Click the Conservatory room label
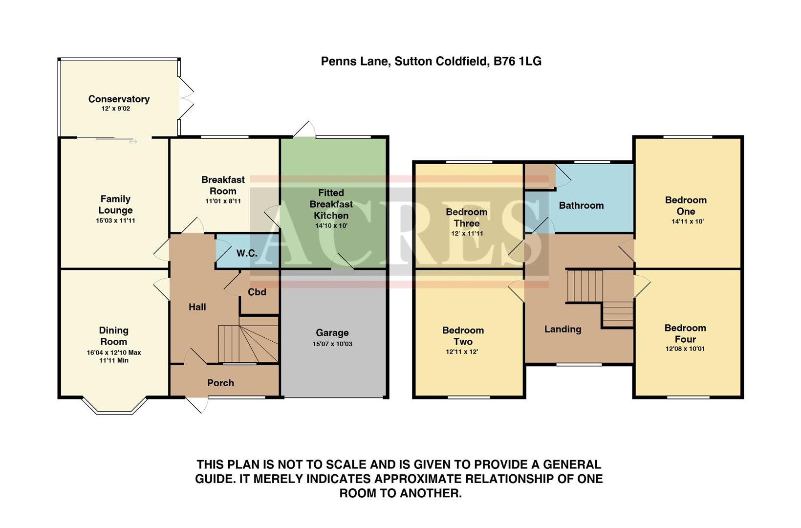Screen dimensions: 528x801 pyautogui.click(x=119, y=99)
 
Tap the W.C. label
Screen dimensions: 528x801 pyautogui.click(x=247, y=253)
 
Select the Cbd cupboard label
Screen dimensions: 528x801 pyautogui.click(x=257, y=292)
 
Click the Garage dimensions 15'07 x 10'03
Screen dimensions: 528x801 pyautogui.click(x=332, y=344)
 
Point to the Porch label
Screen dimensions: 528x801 pyautogui.click(x=220, y=383)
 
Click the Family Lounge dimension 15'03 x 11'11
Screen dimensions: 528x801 pyautogui.click(x=115, y=221)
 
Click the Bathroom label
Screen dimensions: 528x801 pyautogui.click(x=581, y=205)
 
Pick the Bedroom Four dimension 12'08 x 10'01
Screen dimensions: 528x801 pyautogui.click(x=685, y=349)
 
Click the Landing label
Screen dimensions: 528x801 pyautogui.click(x=563, y=330)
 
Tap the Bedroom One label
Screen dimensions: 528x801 pyautogui.click(x=686, y=206)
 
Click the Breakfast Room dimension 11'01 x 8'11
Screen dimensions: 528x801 pyautogui.click(x=223, y=201)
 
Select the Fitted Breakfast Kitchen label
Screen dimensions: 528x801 pyautogui.click(x=331, y=204)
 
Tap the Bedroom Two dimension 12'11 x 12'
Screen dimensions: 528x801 pyautogui.click(x=462, y=352)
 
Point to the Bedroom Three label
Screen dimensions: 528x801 pyautogui.click(x=466, y=218)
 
